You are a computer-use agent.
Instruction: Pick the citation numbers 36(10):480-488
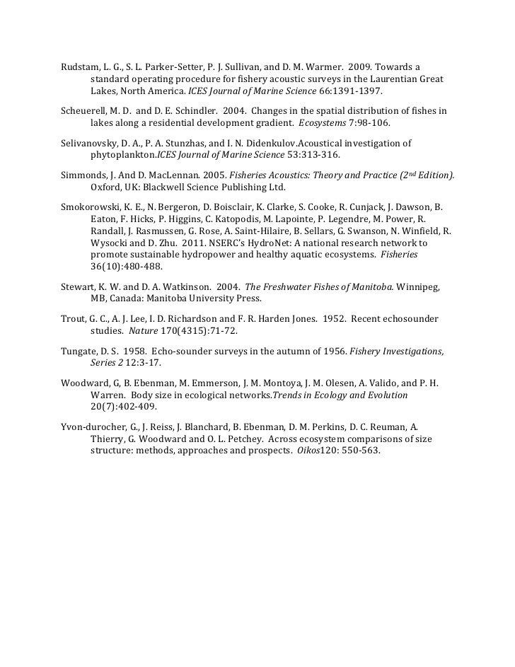click(127, 267)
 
